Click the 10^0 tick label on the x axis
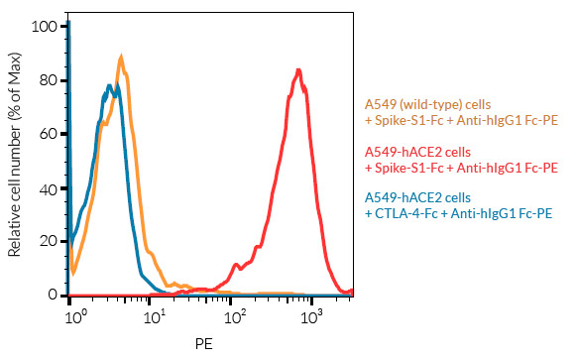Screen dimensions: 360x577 73,315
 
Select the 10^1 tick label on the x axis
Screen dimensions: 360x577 154,315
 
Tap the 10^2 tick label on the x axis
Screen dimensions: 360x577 234,315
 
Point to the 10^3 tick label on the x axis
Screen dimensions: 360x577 313,315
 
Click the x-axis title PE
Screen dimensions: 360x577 203,344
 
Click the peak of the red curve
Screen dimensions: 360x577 299,69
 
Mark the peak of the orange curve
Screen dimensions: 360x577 121,58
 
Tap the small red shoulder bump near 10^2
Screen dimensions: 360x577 235,265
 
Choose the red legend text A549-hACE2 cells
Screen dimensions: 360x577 417,152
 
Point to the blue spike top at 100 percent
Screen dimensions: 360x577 69,22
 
